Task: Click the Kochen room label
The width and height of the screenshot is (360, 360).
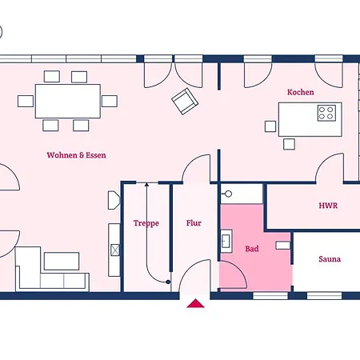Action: (301, 92)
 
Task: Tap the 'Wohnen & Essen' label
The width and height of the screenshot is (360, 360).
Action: (76, 155)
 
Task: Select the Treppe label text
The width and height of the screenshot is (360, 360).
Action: (146, 223)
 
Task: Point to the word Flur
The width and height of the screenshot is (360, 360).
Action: (194, 223)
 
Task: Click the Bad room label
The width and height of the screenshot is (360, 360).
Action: (252, 249)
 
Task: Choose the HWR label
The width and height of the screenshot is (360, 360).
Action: (328, 206)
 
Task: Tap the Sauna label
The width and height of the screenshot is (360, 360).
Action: (330, 259)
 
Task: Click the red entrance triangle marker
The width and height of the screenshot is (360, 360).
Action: (195, 303)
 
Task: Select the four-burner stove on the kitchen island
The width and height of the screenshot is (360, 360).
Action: (326, 113)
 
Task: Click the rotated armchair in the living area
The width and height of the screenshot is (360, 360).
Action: (185, 102)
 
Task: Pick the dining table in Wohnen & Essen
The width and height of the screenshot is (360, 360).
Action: (68, 101)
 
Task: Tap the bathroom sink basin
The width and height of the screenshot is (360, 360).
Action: (226, 241)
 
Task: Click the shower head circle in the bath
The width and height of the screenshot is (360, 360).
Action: (228, 194)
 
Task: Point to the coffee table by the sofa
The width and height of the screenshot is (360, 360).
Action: (62, 261)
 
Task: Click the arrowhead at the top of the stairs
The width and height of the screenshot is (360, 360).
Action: (146, 184)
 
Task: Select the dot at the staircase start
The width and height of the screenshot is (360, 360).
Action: (168, 282)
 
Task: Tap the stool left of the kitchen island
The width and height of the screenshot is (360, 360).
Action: (270, 126)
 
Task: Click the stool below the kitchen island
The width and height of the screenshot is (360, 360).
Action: (289, 144)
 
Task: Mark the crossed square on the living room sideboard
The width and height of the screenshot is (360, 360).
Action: (115, 250)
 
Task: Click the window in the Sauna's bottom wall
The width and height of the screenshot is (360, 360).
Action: (324, 296)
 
